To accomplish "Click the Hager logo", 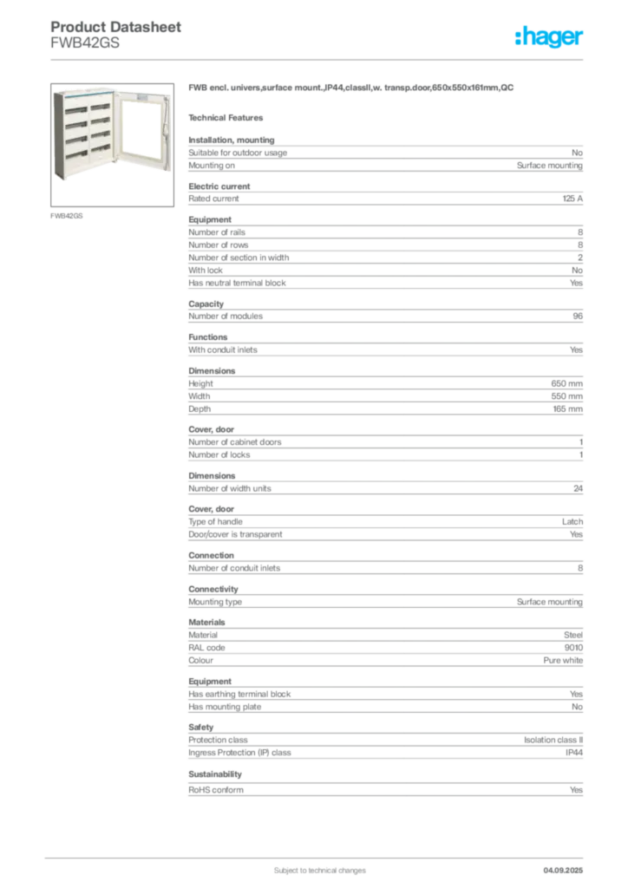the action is [x=549, y=36].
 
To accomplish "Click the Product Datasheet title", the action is [x=115, y=27].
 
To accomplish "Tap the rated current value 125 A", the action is [x=572, y=199].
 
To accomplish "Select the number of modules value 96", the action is [x=578, y=316].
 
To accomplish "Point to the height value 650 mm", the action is [x=566, y=383].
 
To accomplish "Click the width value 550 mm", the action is [x=566, y=396].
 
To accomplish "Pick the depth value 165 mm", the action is [x=567, y=409].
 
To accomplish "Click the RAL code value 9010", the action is [x=573, y=647].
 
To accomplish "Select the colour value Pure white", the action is [x=563, y=660].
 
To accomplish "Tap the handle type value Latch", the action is [x=572, y=521].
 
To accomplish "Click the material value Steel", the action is [x=573, y=635].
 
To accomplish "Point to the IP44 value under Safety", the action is [x=574, y=753].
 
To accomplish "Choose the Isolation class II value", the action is [x=553, y=740].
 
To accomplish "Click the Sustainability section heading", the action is [x=215, y=774].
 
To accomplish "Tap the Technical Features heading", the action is [x=226, y=118].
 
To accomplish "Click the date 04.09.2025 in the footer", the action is [x=563, y=871].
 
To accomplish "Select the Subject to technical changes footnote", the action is [x=320, y=871].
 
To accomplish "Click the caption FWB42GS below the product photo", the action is [x=66, y=216].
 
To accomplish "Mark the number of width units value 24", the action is [x=579, y=488].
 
